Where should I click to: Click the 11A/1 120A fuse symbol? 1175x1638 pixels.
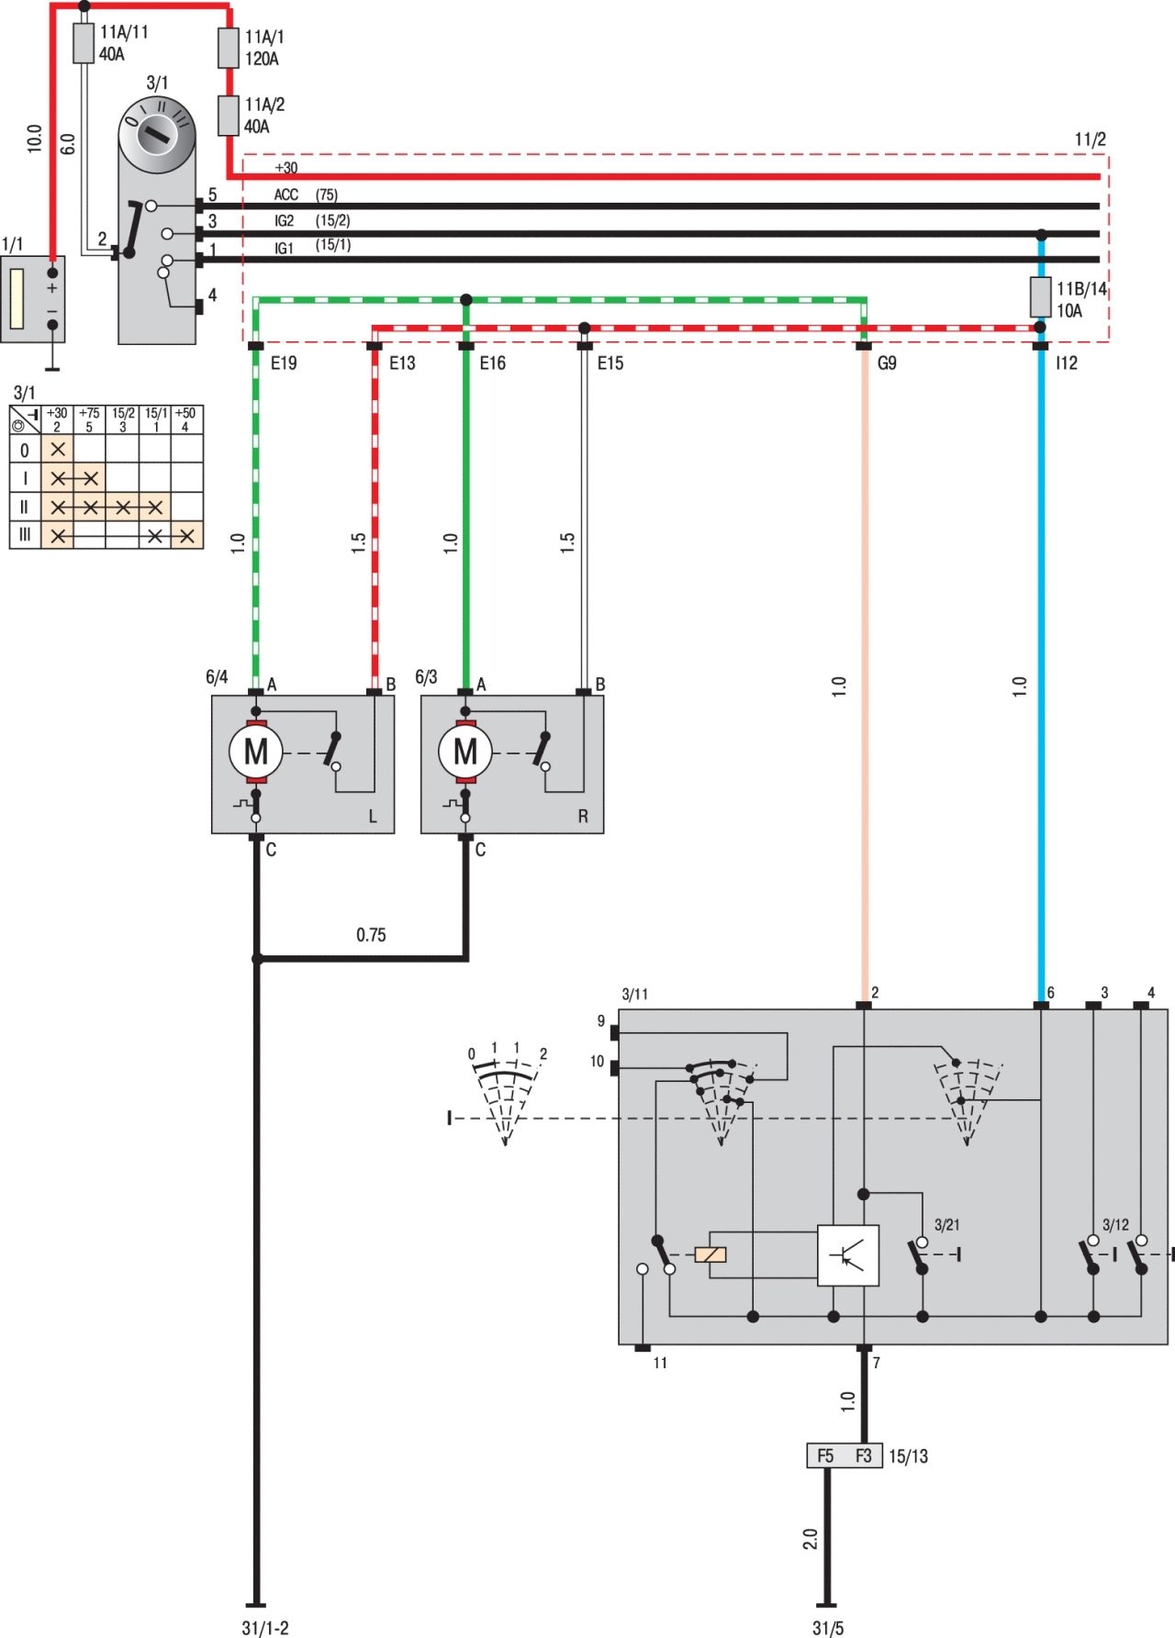click(229, 48)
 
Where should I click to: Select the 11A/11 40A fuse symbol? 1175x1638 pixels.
click(84, 43)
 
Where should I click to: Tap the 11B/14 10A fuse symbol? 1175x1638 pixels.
click(1040, 297)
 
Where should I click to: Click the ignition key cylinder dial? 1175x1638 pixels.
click(158, 134)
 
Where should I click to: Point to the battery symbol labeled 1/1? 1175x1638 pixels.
click(32, 300)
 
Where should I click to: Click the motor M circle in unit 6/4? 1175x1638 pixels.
click(256, 752)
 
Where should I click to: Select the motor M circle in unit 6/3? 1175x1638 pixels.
click(465, 752)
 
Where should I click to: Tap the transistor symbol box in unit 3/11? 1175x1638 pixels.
click(848, 1254)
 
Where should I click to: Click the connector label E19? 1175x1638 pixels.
click(284, 363)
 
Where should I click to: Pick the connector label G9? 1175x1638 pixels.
click(887, 363)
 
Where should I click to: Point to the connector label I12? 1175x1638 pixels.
click(1066, 363)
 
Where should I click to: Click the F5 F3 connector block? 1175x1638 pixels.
click(845, 1456)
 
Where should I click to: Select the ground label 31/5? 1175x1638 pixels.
click(828, 1628)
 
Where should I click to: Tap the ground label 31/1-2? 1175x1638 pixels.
click(265, 1628)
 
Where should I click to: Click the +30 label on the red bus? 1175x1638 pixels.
click(286, 168)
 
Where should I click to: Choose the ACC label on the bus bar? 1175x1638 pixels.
click(286, 195)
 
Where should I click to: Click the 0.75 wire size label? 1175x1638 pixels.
click(371, 935)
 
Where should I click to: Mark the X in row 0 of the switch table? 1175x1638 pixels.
click(58, 450)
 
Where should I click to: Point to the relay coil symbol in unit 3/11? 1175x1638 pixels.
click(711, 1254)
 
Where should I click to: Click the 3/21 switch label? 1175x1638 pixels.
click(947, 1225)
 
